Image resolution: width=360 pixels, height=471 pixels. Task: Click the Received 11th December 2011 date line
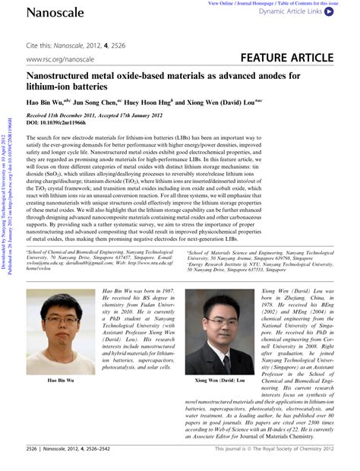pos(75,115)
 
